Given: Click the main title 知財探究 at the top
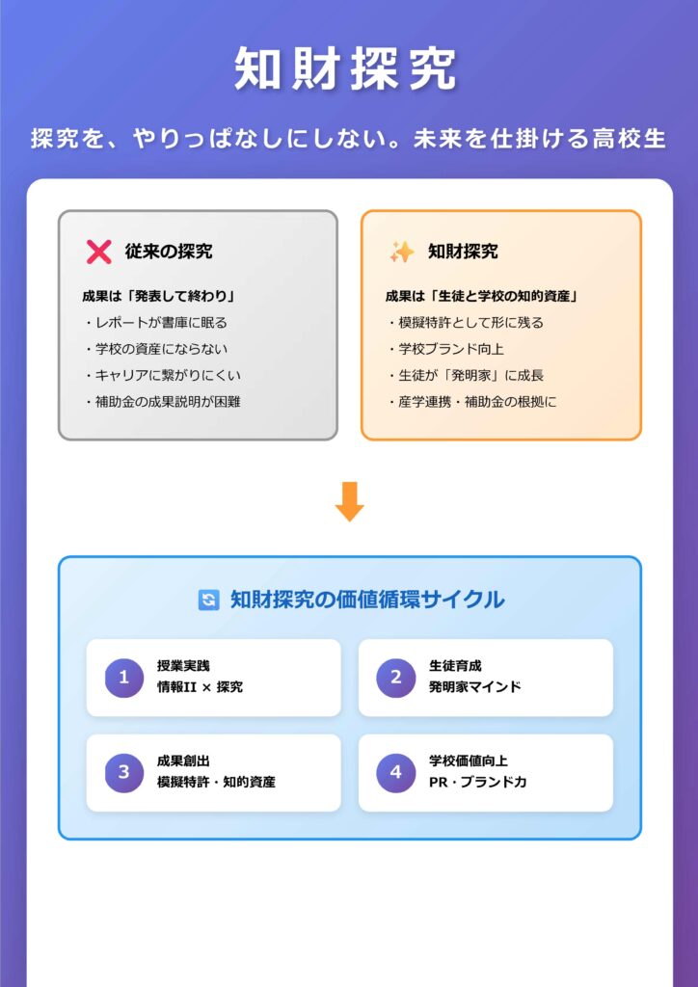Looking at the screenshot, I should pyautogui.click(x=348, y=69).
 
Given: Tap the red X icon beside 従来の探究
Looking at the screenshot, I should pyautogui.click(x=99, y=252).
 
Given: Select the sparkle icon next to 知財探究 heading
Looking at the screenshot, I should pyautogui.click(x=401, y=252).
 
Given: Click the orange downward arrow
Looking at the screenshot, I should pyautogui.click(x=349, y=501).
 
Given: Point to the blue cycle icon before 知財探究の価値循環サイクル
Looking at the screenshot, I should pyautogui.click(x=208, y=600).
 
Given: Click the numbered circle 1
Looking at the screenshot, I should pyautogui.click(x=123, y=678).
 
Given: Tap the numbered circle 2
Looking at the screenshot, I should pyautogui.click(x=395, y=678).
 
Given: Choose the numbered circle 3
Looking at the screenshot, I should pyautogui.click(x=123, y=772).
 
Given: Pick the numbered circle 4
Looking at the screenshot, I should pyautogui.click(x=395, y=772).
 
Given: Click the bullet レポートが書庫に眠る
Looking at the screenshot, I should pyautogui.click(x=156, y=323).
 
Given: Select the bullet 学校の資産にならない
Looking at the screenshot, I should pyautogui.click(x=156, y=349).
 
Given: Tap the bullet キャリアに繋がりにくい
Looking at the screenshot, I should pyautogui.click(x=162, y=375).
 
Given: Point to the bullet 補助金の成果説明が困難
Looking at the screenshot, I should pyautogui.click(x=162, y=401).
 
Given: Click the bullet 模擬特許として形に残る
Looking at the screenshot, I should pyautogui.click(x=465, y=323).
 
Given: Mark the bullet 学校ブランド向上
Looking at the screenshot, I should pyautogui.click(x=445, y=349).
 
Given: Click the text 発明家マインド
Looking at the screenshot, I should pyautogui.click(x=475, y=687).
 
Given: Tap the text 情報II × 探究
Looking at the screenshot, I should pyautogui.click(x=201, y=687).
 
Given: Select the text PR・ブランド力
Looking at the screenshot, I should pyautogui.click(x=478, y=782).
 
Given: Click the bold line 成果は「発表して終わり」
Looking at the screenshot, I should pyautogui.click(x=159, y=297).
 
